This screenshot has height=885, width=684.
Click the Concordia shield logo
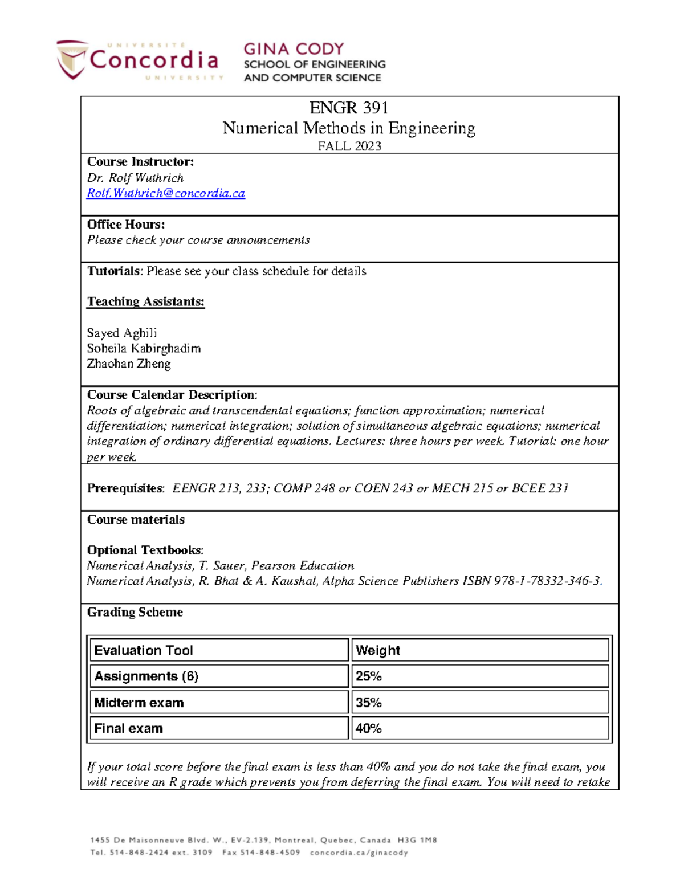click(x=72, y=59)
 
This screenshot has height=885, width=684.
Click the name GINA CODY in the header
click(x=294, y=49)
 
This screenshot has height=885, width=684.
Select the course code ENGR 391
click(x=348, y=108)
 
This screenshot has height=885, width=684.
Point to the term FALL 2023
click(x=349, y=146)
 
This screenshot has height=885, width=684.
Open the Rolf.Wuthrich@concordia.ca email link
click(x=166, y=194)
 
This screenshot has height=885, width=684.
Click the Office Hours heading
click(x=125, y=225)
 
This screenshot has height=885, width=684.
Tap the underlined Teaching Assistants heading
click(x=145, y=302)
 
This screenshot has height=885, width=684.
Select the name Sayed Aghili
click(x=121, y=333)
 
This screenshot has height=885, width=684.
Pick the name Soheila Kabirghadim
click(x=143, y=349)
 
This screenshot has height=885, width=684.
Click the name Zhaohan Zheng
click(x=128, y=364)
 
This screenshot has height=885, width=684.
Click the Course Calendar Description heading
click(x=172, y=395)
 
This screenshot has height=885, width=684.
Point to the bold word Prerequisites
click(x=125, y=488)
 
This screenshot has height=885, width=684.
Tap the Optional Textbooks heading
click(x=144, y=550)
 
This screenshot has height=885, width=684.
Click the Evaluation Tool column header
click(x=144, y=650)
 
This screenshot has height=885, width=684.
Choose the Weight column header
click(x=377, y=650)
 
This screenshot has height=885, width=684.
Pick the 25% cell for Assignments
click(x=369, y=676)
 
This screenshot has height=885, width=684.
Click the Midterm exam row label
click(x=139, y=703)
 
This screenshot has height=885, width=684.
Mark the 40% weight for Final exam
click(x=369, y=729)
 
